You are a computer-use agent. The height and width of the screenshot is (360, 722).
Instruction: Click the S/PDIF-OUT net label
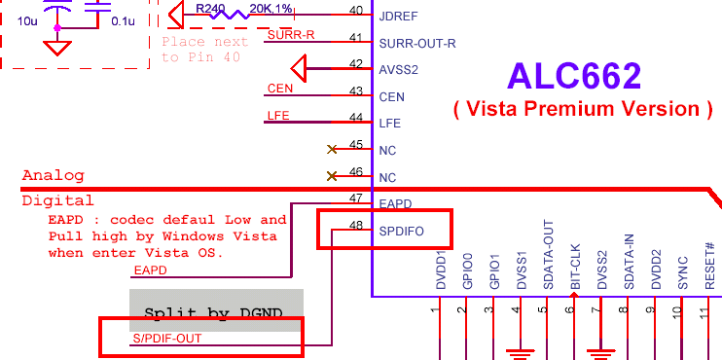[166, 339]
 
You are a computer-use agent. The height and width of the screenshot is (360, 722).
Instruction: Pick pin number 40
[355, 11]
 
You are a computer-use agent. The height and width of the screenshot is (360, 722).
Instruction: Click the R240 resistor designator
[211, 8]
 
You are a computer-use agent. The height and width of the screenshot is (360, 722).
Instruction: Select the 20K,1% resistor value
[272, 8]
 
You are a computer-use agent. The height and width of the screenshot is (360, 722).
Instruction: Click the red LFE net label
[278, 116]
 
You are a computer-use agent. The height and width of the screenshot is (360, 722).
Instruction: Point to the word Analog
[54, 176]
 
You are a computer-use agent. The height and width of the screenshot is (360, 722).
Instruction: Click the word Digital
[57, 201]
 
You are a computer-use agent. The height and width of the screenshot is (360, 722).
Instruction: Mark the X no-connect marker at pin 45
[333, 150]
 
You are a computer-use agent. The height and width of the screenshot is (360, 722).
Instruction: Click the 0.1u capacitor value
[124, 19]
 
